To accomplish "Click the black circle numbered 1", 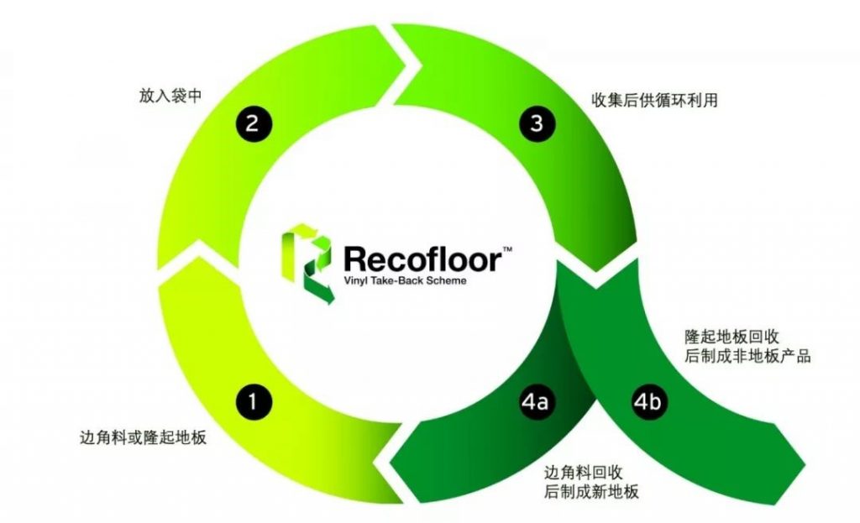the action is click(254, 402).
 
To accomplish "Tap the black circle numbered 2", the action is click(254, 124).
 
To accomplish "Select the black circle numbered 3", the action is click(537, 124).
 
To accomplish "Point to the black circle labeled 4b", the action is click(648, 402).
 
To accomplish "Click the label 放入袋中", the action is click(170, 96).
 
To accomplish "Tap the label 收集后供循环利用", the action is click(654, 101).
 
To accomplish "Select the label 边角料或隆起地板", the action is click(143, 437).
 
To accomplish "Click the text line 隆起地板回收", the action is click(732, 337).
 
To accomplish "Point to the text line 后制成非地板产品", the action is click(747, 356).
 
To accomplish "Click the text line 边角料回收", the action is click(584, 472).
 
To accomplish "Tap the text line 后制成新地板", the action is click(592, 492).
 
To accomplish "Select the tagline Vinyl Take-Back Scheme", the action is click(406, 280).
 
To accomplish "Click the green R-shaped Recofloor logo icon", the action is click(307, 263).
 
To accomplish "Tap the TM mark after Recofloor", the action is click(508, 249).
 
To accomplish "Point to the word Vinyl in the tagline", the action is click(355, 281).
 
